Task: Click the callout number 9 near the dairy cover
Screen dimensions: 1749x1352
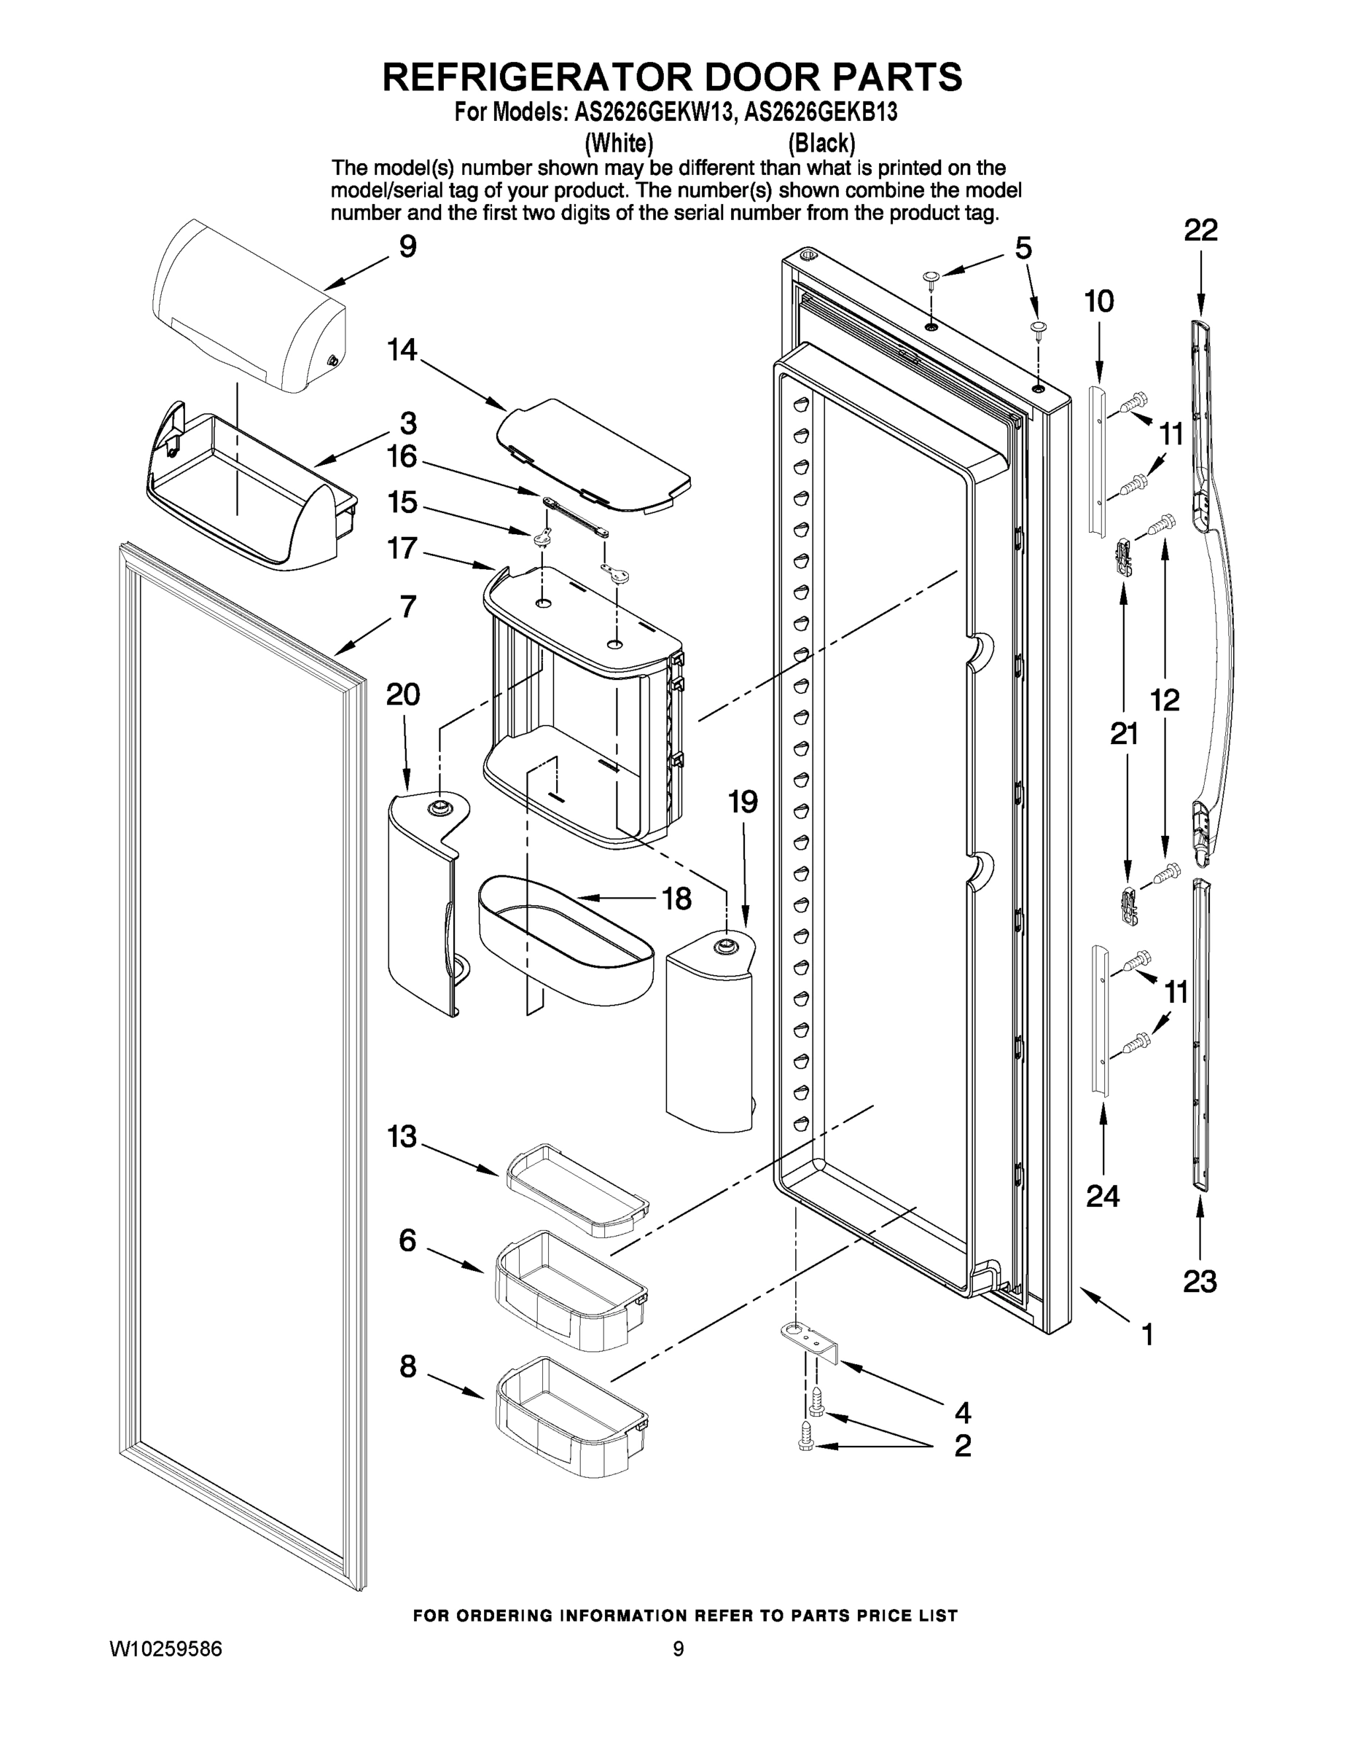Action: pyautogui.click(x=407, y=246)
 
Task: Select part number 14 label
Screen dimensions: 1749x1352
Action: pyautogui.click(x=403, y=350)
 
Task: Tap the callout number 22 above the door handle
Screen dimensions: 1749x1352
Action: pyautogui.click(x=1200, y=230)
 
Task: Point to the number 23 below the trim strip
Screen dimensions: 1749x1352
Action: pyautogui.click(x=1200, y=1282)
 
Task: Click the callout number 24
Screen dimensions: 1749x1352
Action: pyautogui.click(x=1103, y=1196)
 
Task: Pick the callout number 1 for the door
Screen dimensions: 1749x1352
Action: pyautogui.click(x=1147, y=1334)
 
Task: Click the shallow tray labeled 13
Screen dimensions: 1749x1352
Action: pyautogui.click(x=577, y=1189)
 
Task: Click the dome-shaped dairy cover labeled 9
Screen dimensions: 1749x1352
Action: pyautogui.click(x=249, y=308)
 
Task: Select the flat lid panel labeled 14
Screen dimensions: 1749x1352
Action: pyautogui.click(x=593, y=453)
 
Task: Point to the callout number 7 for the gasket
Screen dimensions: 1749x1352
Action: pyautogui.click(x=407, y=606)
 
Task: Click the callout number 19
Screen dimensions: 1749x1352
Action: pyautogui.click(x=743, y=801)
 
